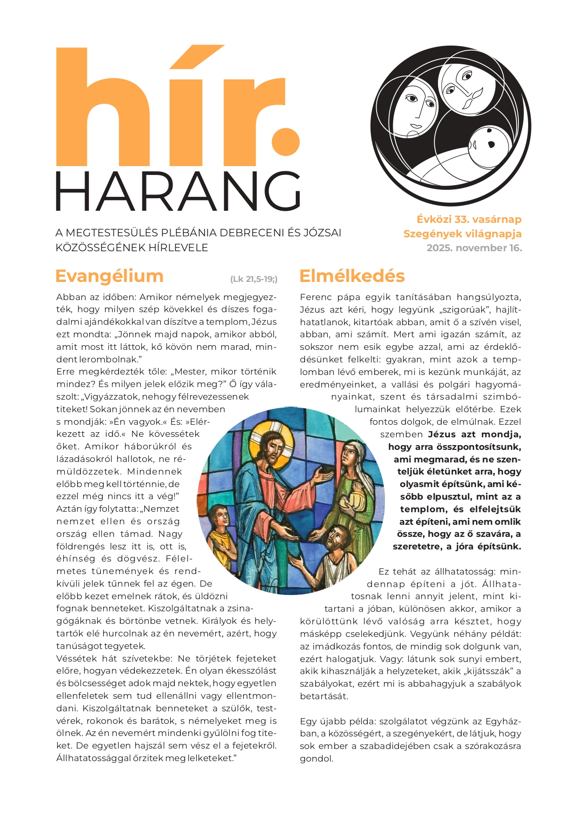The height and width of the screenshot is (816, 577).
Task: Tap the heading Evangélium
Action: (109, 276)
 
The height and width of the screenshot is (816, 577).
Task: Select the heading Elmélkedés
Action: (352, 276)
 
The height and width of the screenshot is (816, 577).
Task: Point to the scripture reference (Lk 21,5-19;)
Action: (254, 279)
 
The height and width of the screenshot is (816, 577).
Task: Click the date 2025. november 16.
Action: (474, 248)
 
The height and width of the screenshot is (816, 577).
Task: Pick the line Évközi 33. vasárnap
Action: (469, 220)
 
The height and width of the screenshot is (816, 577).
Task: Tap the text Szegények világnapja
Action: (462, 234)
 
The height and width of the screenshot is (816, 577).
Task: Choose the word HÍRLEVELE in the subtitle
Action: (179, 247)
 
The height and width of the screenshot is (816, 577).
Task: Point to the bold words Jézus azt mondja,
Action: (474, 435)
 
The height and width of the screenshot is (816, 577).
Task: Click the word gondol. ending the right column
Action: (317, 759)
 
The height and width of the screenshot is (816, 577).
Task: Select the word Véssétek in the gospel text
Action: (78, 658)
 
